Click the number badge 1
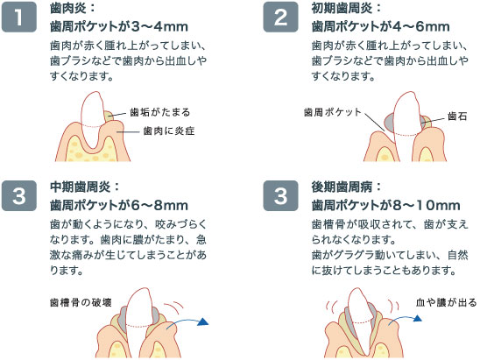[x=19, y=17]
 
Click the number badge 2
[x=280, y=17]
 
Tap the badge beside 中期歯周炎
[x=19, y=195]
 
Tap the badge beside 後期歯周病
[x=280, y=195]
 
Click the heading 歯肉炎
[x=68, y=8]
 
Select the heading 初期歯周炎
[x=342, y=8]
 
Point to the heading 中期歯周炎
[x=81, y=187]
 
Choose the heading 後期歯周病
[x=342, y=187]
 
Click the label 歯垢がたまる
[x=160, y=112]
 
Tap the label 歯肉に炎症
[x=169, y=131]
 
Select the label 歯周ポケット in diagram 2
[x=333, y=112]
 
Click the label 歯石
[x=457, y=116]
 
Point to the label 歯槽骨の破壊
[x=81, y=302]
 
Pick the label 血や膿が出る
[x=447, y=302]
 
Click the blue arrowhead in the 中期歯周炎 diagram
[x=203, y=321]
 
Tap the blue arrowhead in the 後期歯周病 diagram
[x=418, y=318]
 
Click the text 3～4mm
[x=159, y=26]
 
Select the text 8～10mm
[x=426, y=206]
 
